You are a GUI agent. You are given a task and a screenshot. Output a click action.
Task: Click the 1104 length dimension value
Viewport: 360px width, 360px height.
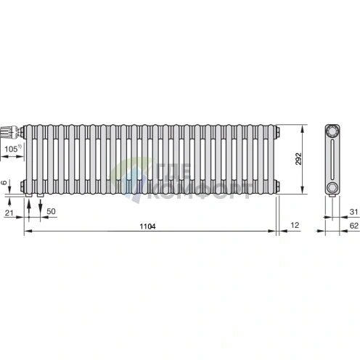pyautogui.click(x=147, y=226)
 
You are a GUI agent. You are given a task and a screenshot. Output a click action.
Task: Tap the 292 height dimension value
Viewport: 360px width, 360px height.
pyautogui.click(x=299, y=159)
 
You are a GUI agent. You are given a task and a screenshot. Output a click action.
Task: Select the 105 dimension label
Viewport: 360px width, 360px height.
pyautogui.click(x=11, y=149)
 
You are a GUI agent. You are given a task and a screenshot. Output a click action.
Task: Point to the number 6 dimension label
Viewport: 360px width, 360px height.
pyautogui.click(x=4, y=182)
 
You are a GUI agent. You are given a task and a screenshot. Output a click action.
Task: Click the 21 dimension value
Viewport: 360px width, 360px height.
pyautogui.click(x=9, y=213)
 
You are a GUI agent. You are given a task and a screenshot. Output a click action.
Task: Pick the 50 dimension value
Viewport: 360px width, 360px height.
pyautogui.click(x=51, y=211)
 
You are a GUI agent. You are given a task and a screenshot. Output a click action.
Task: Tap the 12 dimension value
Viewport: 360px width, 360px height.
pyautogui.click(x=295, y=225)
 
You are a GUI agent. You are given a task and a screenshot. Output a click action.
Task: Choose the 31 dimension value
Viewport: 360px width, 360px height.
pyautogui.click(x=353, y=212)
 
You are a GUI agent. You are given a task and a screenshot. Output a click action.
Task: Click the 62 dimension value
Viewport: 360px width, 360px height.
pyautogui.click(x=354, y=226)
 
